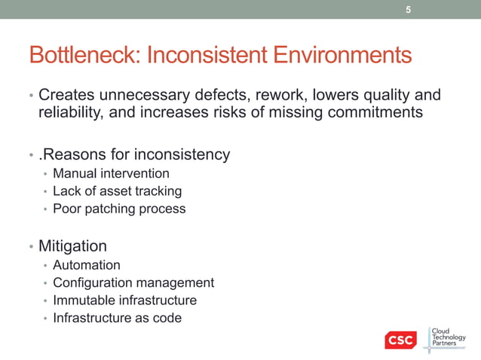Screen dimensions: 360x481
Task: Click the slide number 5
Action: point(409,10)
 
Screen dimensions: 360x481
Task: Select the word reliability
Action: point(72,114)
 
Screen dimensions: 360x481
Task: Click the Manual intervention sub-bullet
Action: point(111,174)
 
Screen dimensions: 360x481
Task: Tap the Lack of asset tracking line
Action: point(117,191)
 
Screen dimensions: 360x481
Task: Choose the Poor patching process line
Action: point(118,209)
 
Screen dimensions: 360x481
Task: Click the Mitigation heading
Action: point(72,246)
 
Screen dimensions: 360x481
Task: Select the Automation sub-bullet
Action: point(86,265)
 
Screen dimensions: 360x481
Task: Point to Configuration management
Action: point(133,282)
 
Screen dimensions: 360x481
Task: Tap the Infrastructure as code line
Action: point(117,318)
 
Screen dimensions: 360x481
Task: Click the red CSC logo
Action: point(400,340)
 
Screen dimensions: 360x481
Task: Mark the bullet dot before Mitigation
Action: point(31,248)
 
